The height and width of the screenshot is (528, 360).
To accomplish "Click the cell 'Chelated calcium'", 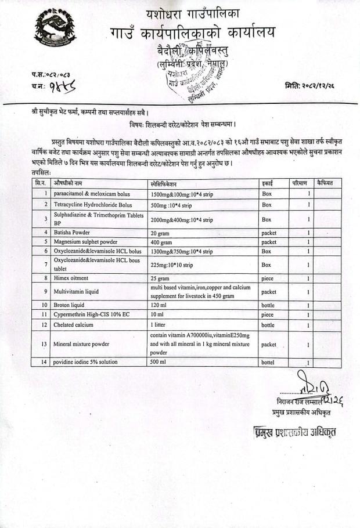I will tap(73, 325).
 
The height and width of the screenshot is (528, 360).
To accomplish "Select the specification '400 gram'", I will tap(161, 241).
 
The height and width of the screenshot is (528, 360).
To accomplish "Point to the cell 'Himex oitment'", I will tap(72, 278).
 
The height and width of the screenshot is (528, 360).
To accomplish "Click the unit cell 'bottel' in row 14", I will tap(269, 363).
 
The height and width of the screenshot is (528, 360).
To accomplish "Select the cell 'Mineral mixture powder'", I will tap(81, 344).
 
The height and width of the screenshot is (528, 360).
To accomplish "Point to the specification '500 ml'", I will tap(158, 363).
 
